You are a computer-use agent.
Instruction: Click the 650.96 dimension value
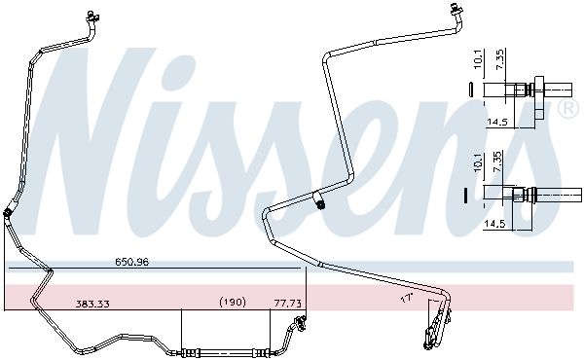tap(131, 262)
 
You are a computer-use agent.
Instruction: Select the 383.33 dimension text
tap(92, 304)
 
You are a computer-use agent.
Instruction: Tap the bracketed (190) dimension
tap(233, 302)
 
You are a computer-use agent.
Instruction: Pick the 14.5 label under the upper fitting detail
tap(497, 122)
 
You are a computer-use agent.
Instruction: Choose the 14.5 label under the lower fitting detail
tap(494, 224)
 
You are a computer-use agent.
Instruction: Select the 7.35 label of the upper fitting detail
tap(500, 59)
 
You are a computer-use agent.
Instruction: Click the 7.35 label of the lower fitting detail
tap(497, 162)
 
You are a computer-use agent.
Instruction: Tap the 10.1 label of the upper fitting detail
tap(479, 59)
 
